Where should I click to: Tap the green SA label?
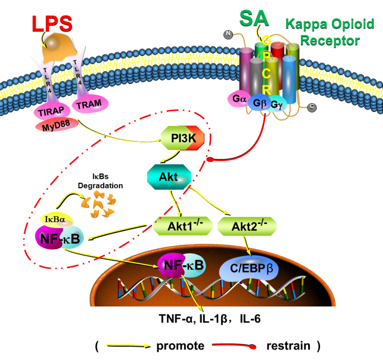(254, 18)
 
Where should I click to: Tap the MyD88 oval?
(53, 125)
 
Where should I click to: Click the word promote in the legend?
(180, 346)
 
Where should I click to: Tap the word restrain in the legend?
(288, 346)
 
